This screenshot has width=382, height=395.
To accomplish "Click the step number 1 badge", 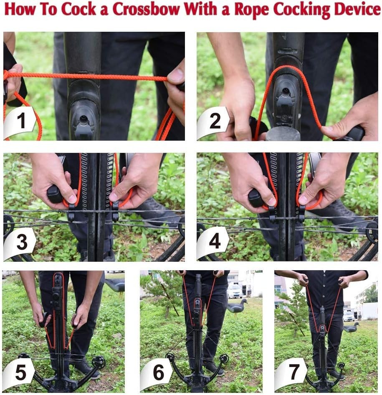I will (x=20, y=122).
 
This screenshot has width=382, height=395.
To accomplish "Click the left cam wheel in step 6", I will (x=170, y=357).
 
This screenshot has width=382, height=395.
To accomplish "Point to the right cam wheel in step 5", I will (x=99, y=362).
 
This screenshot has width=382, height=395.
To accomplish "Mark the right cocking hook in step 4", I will (x=301, y=213).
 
